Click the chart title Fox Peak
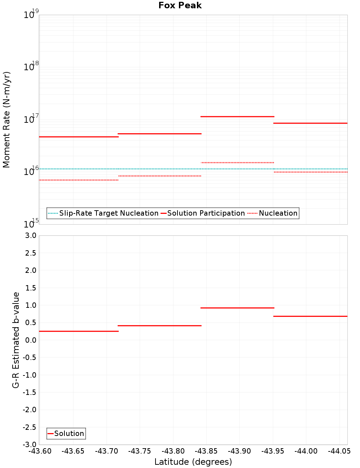(180, 5)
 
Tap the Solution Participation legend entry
(203, 213)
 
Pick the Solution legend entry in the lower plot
(66, 433)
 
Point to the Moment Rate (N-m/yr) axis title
(6, 120)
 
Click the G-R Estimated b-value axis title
(16, 340)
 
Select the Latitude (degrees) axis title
(193, 462)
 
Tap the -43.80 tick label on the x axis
(173, 451)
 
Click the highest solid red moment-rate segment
(237, 117)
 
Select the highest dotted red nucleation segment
(237, 163)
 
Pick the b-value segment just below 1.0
(237, 308)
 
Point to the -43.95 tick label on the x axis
(273, 451)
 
